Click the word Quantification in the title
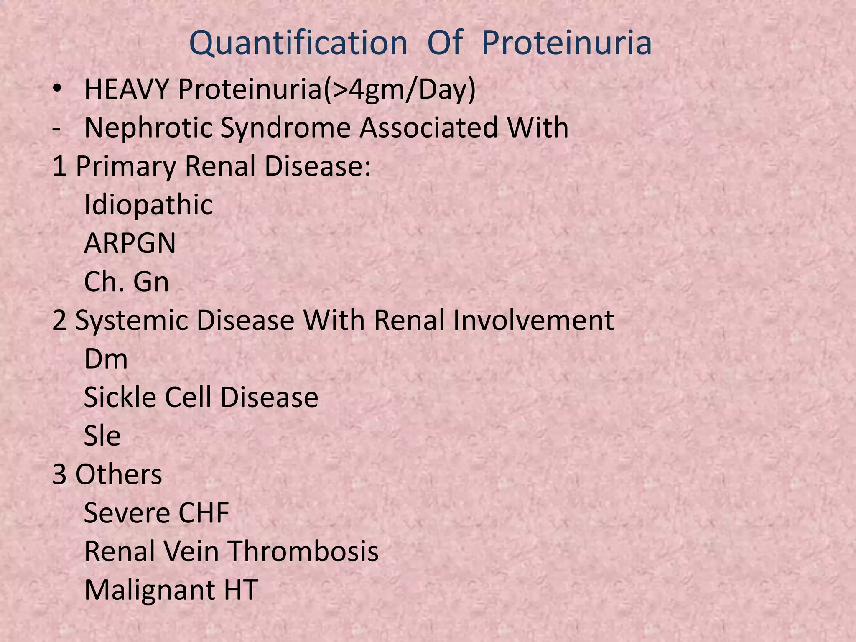pyautogui.click(x=298, y=43)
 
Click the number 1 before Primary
pyautogui.click(x=59, y=166)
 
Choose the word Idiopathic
pyautogui.click(x=148, y=205)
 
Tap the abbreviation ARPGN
pyautogui.click(x=130, y=243)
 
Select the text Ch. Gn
pyautogui.click(x=126, y=282)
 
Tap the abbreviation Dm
pyautogui.click(x=106, y=359)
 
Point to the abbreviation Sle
pyautogui.click(x=102, y=436)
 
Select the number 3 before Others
pyautogui.click(x=59, y=474)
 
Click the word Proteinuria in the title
pyautogui.click(x=566, y=43)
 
